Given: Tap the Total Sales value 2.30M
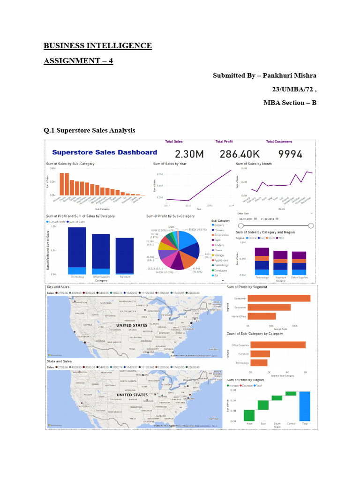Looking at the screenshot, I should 193,154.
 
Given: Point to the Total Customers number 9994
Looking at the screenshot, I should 284,154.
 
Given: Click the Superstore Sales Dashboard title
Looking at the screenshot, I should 105,152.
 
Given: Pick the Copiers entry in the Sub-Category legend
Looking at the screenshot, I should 219,225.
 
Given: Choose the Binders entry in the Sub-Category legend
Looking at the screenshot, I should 219,245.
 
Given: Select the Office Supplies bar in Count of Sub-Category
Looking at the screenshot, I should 278,345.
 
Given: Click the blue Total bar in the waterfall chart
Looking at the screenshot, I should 305,406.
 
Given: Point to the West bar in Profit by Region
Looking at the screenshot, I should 249,415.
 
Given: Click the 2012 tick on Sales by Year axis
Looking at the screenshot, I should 188,205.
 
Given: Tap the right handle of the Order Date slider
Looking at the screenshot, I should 311,225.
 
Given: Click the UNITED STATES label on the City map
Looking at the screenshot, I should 132,325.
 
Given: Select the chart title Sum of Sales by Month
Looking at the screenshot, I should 254,164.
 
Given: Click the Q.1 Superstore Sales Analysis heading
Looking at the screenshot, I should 90,130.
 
